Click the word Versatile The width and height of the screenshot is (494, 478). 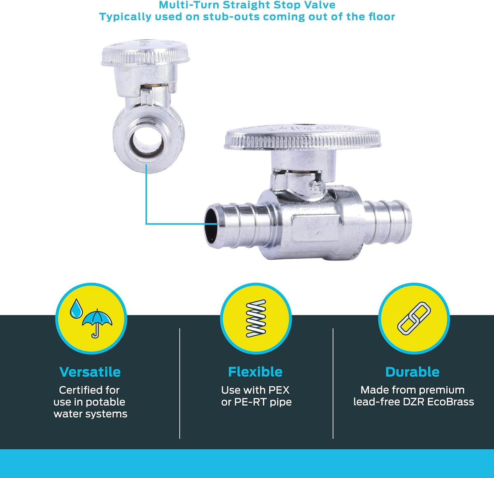(x=90, y=372)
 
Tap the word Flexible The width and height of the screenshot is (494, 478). (x=255, y=372)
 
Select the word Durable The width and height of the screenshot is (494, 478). (x=412, y=372)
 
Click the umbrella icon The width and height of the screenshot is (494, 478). (x=97, y=323)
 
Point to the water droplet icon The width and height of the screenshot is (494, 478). (x=76, y=309)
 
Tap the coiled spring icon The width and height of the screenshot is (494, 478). (x=256, y=318)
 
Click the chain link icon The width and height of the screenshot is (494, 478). (x=414, y=318)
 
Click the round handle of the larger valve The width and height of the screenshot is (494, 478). (x=302, y=137)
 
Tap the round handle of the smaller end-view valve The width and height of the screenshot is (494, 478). (x=145, y=53)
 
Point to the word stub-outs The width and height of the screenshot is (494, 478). (x=231, y=17)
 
